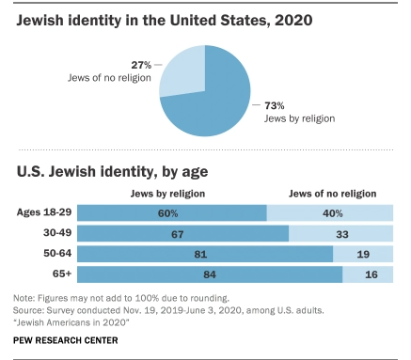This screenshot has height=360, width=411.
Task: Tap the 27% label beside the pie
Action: [141, 65]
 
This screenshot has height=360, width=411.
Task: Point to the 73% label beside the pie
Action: [275, 105]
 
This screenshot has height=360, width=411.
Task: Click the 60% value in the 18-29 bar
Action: [167, 213]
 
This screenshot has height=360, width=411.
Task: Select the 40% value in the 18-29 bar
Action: [333, 213]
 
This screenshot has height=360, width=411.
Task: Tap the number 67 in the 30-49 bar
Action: [177, 234]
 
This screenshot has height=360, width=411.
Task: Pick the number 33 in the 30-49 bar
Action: [342, 234]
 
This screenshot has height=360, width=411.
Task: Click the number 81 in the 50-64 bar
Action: [200, 254]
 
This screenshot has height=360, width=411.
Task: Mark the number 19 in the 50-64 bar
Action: [363, 254]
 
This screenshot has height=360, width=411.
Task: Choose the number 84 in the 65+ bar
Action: [210, 274]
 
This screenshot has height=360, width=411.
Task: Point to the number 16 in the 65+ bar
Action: [371, 274]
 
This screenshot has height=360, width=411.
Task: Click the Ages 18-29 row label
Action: [44, 212]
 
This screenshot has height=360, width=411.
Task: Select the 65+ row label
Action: [62, 274]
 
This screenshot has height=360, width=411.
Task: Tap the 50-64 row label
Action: [57, 253]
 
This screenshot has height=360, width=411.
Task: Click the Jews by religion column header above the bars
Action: [167, 194]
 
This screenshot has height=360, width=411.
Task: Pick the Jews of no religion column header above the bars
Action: [333, 194]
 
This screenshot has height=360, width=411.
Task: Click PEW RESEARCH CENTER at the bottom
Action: [66, 340]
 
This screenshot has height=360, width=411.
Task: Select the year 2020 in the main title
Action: [293, 21]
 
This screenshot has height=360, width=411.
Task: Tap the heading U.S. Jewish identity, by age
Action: [112, 172]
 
